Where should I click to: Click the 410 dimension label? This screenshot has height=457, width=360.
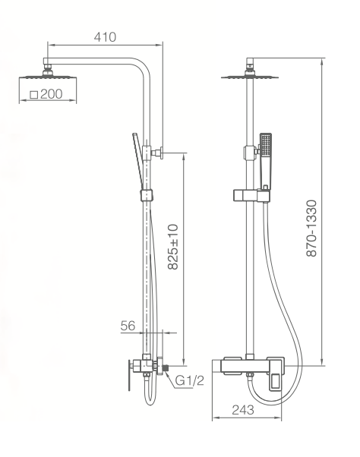click(x=105, y=37)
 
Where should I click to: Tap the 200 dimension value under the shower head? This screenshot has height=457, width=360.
click(x=52, y=94)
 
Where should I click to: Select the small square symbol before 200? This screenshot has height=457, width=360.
click(x=34, y=95)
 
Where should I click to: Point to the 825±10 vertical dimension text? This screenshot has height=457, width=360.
click(x=173, y=247)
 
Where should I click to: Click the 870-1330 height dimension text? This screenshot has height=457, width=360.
click(x=311, y=228)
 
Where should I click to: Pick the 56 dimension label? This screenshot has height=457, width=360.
click(x=128, y=326)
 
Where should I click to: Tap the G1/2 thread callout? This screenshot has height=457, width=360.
click(x=189, y=380)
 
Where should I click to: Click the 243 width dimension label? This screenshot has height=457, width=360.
click(x=243, y=410)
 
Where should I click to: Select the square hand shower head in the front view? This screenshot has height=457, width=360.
click(x=266, y=145)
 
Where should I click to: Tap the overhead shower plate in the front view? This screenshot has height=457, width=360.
click(x=250, y=77)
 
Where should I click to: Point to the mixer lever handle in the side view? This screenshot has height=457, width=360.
click(x=129, y=375)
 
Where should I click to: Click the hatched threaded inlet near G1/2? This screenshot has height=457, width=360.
click(x=166, y=368)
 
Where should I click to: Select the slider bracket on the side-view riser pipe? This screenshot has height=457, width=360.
click(x=147, y=195)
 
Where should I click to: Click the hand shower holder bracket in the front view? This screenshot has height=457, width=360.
click(x=251, y=196)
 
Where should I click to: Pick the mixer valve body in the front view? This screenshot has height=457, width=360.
click(x=248, y=365)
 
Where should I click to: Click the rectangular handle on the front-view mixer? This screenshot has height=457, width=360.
click(x=276, y=374)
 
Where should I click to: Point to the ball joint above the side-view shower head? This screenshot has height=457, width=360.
click(x=48, y=72)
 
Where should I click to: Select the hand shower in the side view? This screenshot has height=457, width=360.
click(x=137, y=161)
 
